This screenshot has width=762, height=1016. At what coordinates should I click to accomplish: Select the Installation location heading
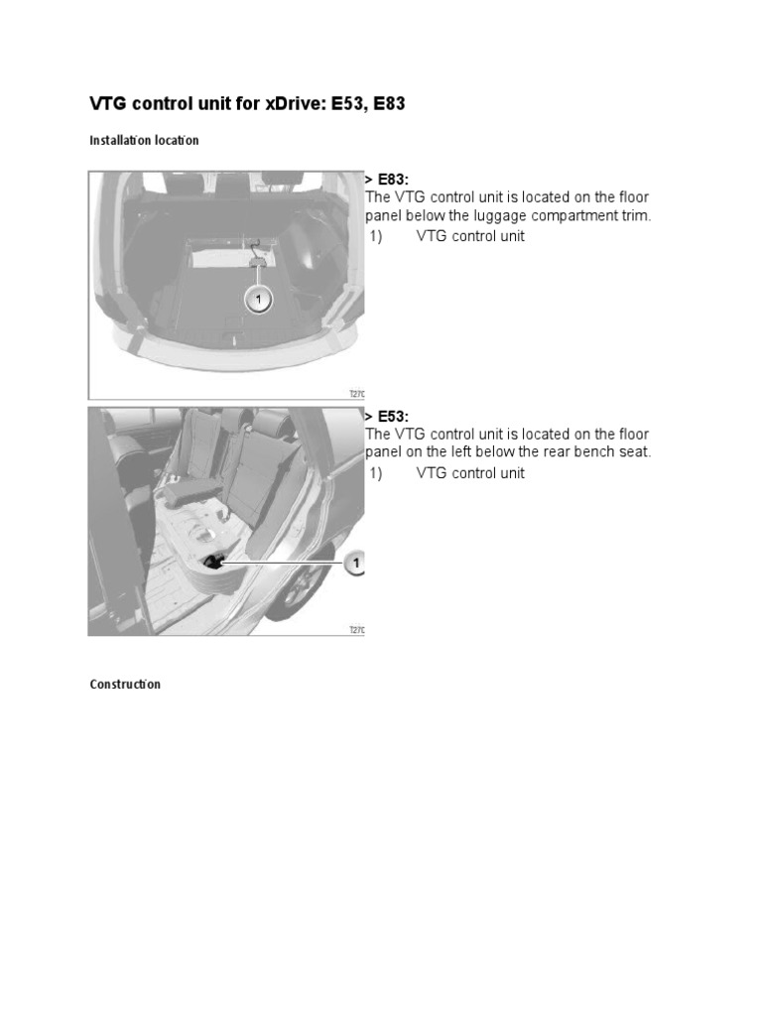tap(144, 140)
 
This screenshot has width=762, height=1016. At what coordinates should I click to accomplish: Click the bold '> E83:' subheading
tap(387, 180)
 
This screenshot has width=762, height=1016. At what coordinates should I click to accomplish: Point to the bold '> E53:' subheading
tap(387, 417)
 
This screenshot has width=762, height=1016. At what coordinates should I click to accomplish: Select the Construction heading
tap(125, 685)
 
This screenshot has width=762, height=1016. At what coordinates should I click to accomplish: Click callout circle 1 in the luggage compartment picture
tap(258, 299)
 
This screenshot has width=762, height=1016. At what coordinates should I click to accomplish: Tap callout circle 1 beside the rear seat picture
tap(354, 564)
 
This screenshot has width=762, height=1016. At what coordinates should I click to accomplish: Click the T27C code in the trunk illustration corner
tap(357, 393)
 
